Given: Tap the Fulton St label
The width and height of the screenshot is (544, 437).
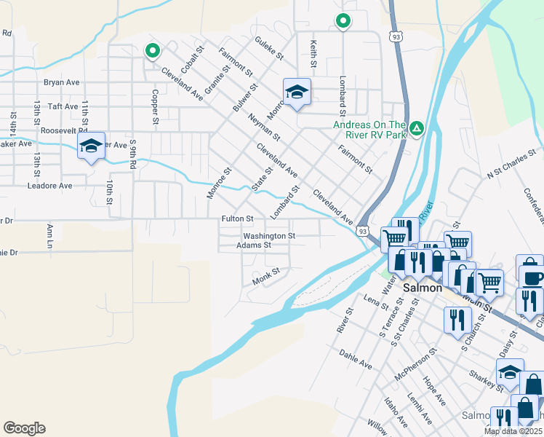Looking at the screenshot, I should (x=238, y=219).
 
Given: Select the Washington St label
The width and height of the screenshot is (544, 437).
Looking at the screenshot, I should (x=269, y=236).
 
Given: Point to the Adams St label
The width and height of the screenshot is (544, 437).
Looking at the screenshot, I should (x=254, y=245).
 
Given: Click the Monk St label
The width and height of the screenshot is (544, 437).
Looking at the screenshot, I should (x=265, y=275).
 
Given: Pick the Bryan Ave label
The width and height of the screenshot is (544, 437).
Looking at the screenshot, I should (x=61, y=82).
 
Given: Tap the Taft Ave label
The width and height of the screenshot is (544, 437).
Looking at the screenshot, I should (x=63, y=106).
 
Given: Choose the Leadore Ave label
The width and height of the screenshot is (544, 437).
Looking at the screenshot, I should (x=49, y=186).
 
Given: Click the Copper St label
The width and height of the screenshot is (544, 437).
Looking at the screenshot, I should (x=154, y=106).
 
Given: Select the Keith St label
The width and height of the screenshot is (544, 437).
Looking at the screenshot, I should (x=313, y=55).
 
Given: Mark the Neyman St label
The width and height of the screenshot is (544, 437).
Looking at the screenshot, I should (x=263, y=126).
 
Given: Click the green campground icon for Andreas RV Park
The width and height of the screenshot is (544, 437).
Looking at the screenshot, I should (x=416, y=129).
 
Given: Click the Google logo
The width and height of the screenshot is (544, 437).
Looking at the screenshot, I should (x=24, y=428).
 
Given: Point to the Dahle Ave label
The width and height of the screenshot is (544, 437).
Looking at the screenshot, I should (x=356, y=358).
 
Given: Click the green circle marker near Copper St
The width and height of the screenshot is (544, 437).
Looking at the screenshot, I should (x=152, y=51).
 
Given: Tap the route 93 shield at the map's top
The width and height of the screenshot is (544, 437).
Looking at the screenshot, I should (x=396, y=36).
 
